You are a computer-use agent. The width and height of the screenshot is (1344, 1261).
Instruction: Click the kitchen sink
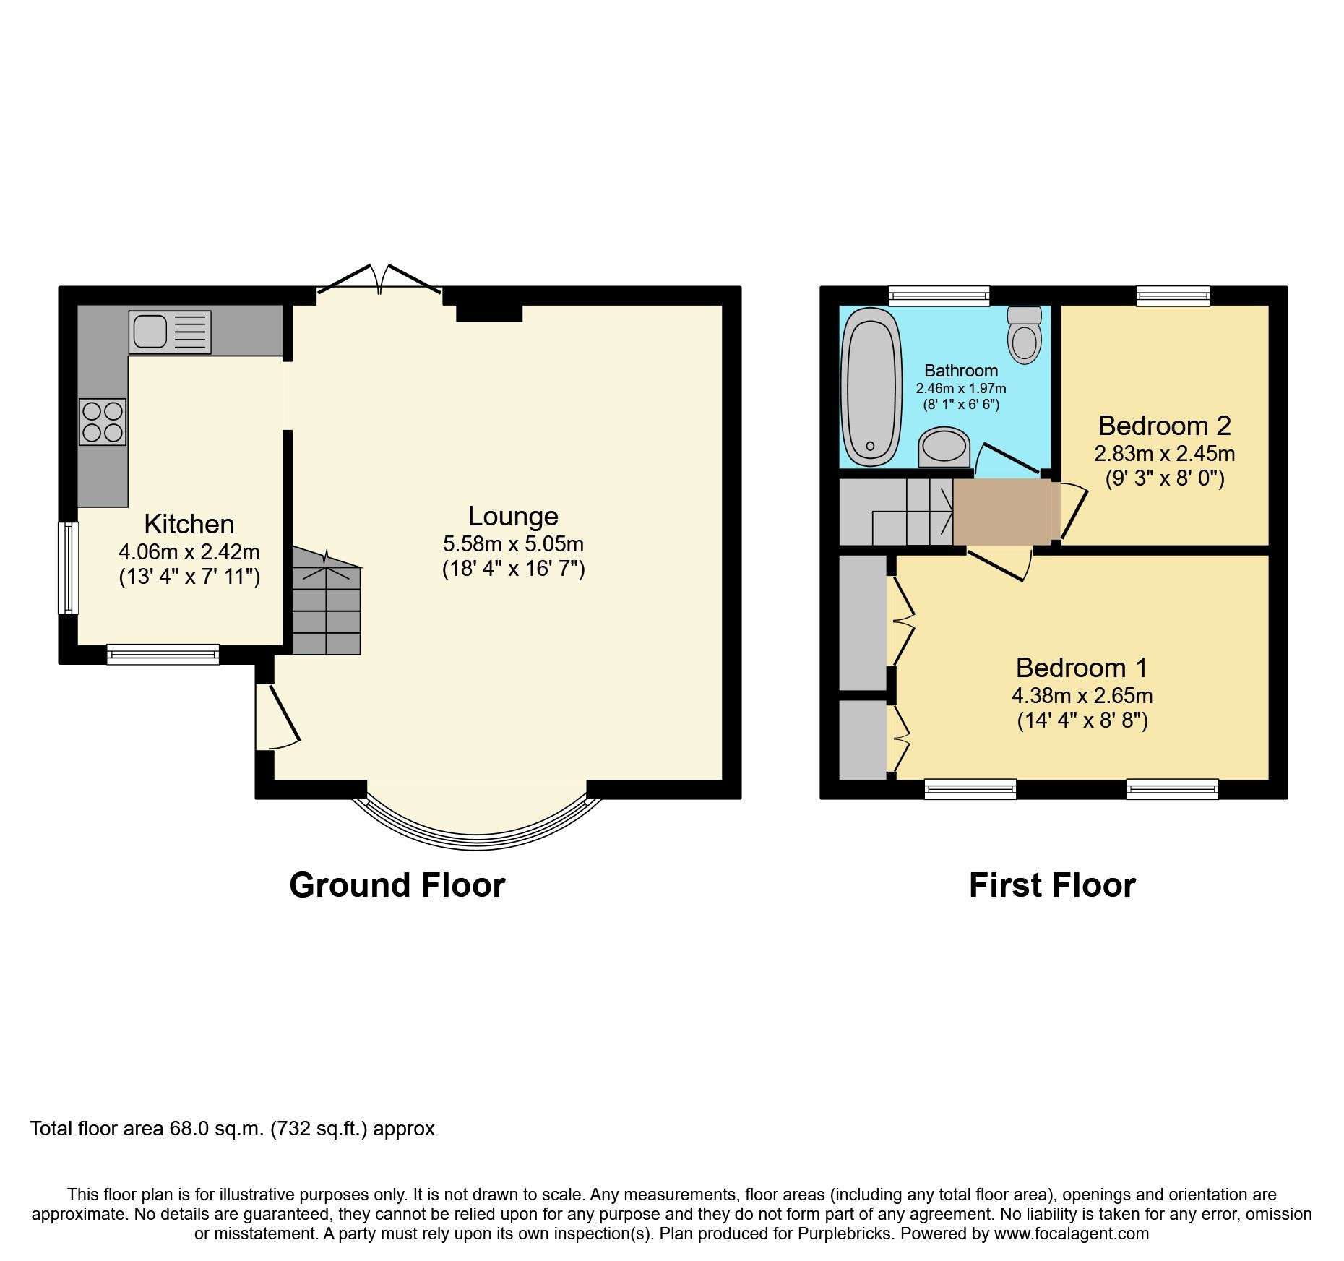point(170,332)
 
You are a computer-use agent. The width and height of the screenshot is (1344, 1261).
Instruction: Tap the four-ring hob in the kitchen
point(103,422)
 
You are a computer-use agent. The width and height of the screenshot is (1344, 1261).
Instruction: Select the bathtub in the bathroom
point(872,387)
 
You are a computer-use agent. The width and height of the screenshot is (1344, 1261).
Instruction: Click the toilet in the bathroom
point(1024,336)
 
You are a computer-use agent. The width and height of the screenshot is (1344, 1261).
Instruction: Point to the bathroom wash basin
point(944,447)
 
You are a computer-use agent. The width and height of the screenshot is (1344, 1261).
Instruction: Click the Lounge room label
point(513,516)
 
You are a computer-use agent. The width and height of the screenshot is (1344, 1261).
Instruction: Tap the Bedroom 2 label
point(1164,426)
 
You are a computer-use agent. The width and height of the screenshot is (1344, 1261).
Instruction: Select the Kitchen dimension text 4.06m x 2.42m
point(189,552)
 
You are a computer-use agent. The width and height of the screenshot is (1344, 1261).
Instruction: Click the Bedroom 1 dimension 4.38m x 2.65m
point(1082,696)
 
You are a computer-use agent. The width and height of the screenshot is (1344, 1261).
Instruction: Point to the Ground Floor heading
point(397,885)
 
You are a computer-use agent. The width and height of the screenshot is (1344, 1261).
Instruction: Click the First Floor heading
point(1052,885)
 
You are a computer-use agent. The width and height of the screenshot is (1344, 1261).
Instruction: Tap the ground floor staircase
point(326,607)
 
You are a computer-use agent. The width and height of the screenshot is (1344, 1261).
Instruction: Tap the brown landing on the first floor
point(1003,512)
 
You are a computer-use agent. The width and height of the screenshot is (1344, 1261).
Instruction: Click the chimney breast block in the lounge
point(489,312)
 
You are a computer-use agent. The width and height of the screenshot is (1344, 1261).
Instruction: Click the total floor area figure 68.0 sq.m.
point(217,1129)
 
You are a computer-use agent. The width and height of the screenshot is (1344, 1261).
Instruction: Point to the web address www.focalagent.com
point(1071,1234)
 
